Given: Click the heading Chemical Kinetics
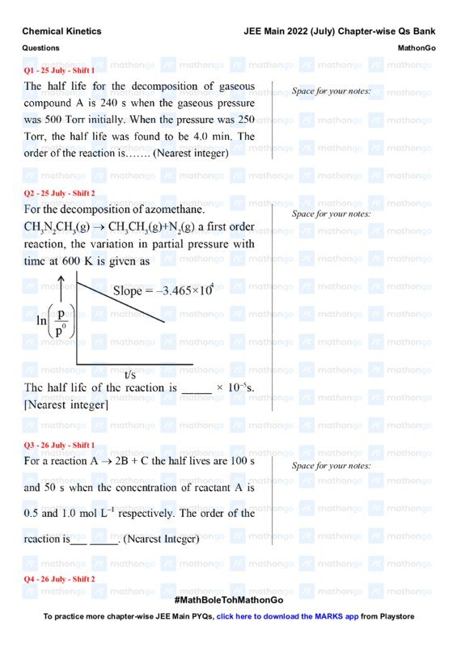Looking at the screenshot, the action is click(61, 31).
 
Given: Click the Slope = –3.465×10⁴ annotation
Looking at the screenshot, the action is click(163, 290).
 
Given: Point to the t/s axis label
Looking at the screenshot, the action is click(130, 374).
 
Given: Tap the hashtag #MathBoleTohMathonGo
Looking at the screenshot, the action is click(228, 601).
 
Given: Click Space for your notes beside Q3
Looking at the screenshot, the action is click(331, 466).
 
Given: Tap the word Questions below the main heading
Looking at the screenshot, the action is click(40, 48).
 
